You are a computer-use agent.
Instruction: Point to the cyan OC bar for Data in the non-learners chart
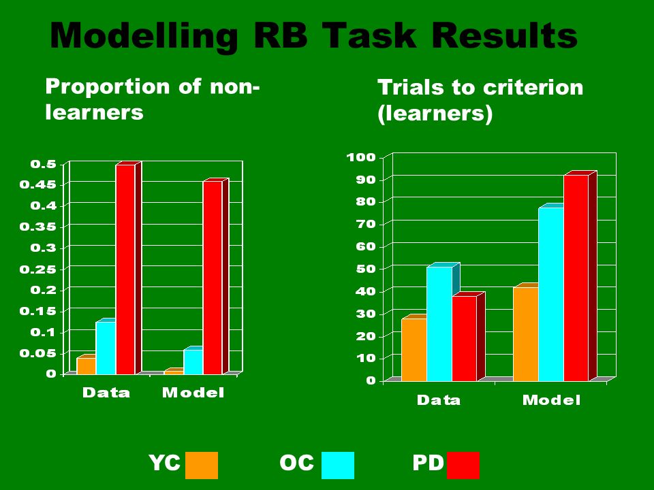coord(106,346)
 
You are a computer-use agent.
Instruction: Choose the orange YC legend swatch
coord(202,465)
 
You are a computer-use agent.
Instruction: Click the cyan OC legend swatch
coord(338,465)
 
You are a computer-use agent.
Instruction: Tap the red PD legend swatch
coord(463,465)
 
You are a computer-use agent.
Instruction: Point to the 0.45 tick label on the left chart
coord(38,184)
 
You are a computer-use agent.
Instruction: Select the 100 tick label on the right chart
coord(361,157)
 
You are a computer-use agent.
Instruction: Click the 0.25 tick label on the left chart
coord(38,269)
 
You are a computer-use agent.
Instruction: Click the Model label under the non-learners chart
coord(193,393)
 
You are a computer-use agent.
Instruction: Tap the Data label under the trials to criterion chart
coord(439,400)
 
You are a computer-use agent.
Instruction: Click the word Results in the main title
coord(504,36)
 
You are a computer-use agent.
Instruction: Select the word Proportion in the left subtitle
coord(108,88)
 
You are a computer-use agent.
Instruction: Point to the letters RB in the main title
coord(280,36)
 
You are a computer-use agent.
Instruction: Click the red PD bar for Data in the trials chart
coord(464,338)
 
